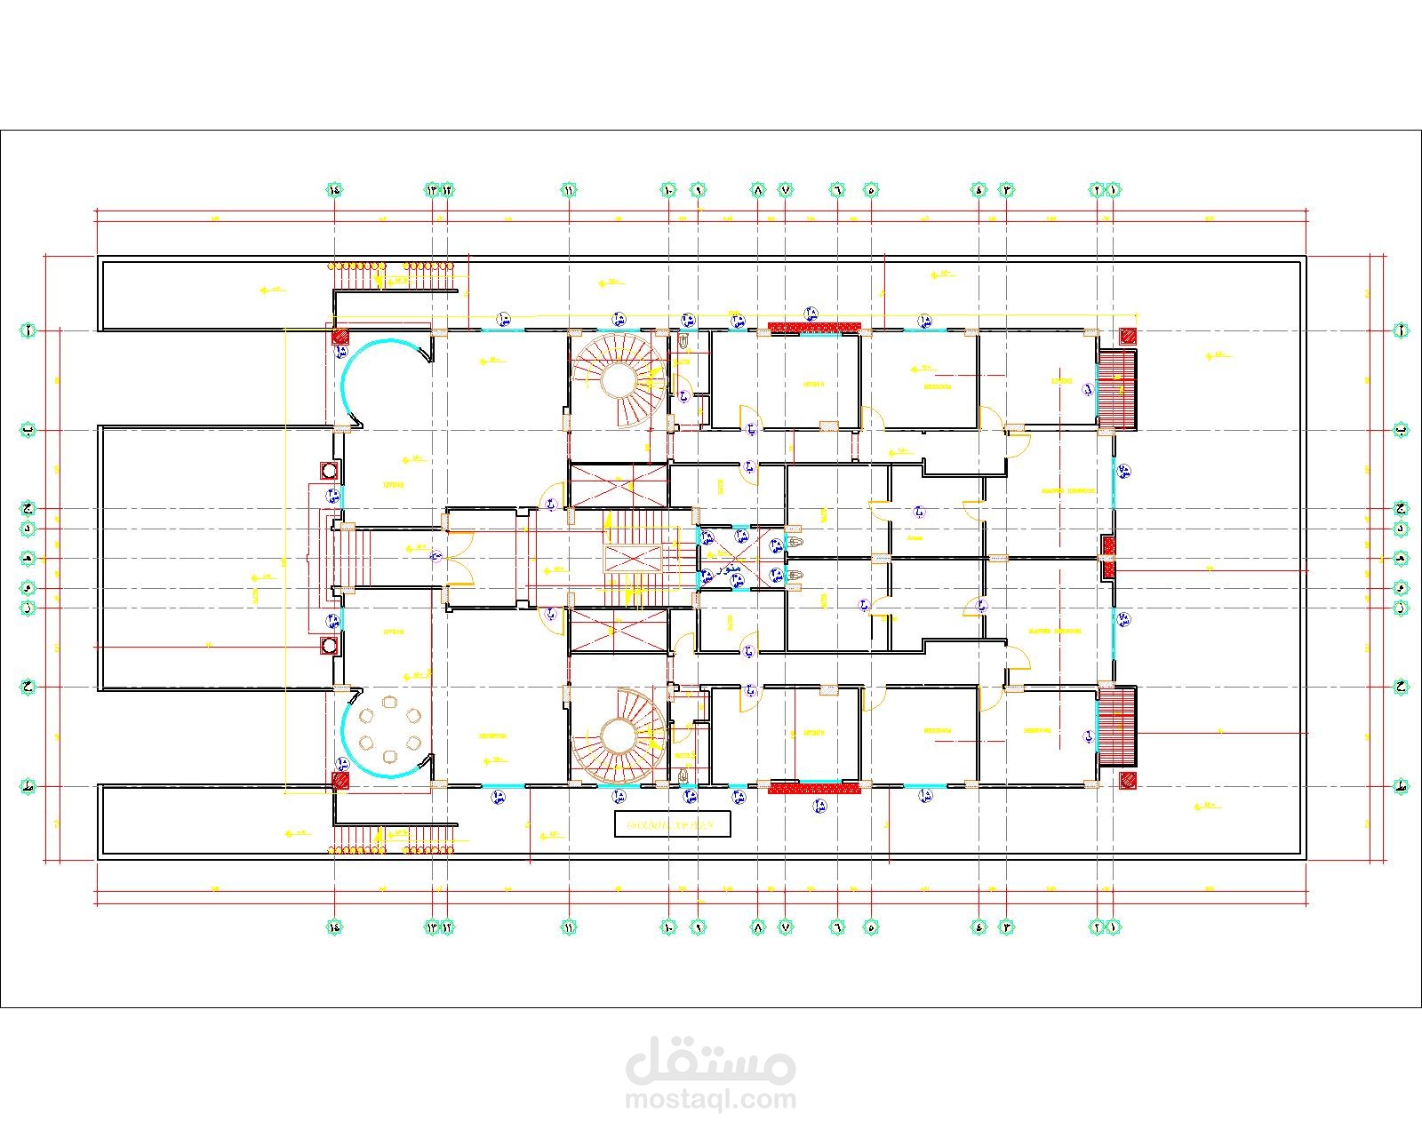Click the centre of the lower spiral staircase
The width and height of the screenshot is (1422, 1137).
point(617,736)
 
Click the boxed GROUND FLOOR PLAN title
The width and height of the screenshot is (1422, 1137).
point(672,824)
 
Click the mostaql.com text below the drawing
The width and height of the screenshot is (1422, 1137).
point(711,1100)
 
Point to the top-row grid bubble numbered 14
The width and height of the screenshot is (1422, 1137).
point(335,189)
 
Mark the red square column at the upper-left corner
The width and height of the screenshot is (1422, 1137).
point(340,337)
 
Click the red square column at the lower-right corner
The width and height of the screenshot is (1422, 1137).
point(1128,781)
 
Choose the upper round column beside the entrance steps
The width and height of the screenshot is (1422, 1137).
point(329,470)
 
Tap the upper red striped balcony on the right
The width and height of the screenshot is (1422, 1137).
point(1118,389)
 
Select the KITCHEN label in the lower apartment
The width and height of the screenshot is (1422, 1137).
point(813,733)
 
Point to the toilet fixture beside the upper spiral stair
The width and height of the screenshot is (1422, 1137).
point(683,341)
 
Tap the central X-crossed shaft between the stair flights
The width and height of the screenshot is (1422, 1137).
point(633,559)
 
